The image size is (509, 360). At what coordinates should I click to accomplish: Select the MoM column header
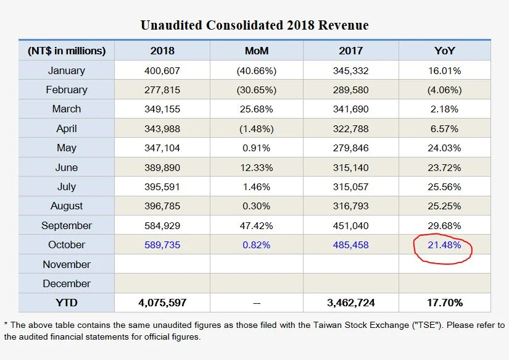coord(257,51)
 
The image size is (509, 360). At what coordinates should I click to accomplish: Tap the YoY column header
coord(445,51)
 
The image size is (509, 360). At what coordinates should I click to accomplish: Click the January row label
coord(67,70)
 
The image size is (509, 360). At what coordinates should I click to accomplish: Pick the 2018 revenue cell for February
coord(162,90)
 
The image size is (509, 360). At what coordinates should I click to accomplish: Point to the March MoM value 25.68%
coord(257,109)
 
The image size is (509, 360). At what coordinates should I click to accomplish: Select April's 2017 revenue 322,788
coord(350,128)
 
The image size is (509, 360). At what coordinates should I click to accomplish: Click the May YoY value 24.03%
coord(445,148)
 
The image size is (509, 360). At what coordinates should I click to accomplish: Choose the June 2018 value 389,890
coord(162,167)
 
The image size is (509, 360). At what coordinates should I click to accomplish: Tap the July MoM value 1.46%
coord(257,186)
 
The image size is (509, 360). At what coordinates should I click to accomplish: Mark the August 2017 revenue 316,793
coord(350,206)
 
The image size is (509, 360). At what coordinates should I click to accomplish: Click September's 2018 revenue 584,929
coord(162,225)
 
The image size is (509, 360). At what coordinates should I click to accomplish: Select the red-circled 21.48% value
coord(445,245)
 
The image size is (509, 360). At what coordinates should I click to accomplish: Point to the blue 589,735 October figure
coord(162,245)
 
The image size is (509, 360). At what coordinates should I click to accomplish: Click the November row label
coord(67,264)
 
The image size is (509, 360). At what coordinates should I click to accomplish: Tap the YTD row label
coord(67,303)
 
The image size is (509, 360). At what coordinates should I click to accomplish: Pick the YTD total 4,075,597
coord(162,303)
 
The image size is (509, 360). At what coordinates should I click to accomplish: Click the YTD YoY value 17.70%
coord(445,303)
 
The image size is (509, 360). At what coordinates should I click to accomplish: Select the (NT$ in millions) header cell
coord(67,51)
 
